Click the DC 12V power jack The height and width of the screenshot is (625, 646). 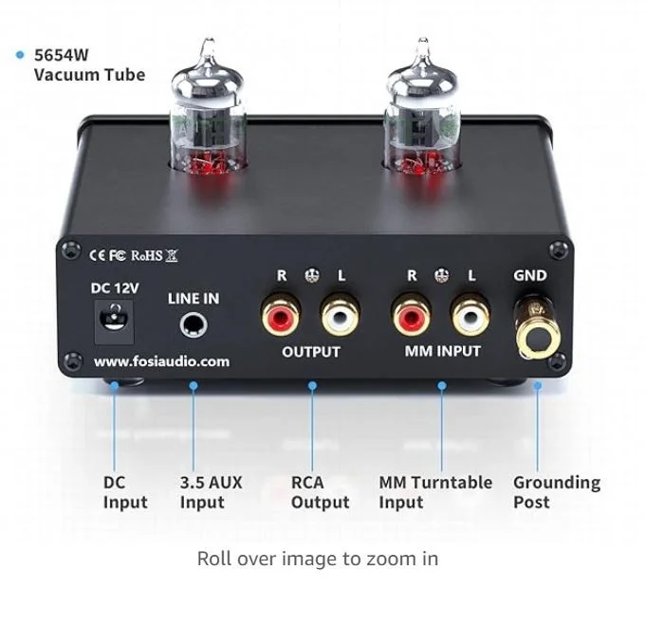click(114, 322)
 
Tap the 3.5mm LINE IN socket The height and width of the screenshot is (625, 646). click(194, 324)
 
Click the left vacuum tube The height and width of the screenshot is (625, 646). click(209, 109)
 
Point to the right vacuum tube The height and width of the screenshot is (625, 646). click(421, 109)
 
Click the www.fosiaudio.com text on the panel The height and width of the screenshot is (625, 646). click(161, 361)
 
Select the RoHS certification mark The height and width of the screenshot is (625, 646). click(147, 255)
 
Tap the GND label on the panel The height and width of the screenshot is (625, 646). click(530, 275)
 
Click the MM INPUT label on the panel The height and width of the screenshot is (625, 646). click(442, 351)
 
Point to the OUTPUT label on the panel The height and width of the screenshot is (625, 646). click(311, 352)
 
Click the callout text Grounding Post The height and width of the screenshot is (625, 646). click(557, 492)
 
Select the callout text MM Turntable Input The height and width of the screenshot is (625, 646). click(435, 492)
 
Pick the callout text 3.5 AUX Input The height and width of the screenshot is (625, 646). click(211, 492)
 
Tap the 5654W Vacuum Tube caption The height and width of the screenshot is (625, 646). click(89, 64)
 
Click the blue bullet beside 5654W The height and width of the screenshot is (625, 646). click(20, 55)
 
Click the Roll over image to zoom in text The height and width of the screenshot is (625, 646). click(318, 559)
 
